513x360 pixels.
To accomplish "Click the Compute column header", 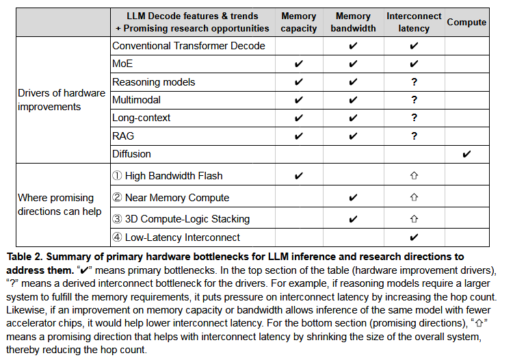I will (x=466, y=22).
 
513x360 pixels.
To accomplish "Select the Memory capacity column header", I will (x=299, y=22).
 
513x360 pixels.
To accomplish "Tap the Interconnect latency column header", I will (x=414, y=22).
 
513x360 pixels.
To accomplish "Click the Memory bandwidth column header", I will (x=353, y=22).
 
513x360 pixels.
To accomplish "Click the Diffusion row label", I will (x=131, y=154).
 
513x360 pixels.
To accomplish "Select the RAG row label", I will (x=123, y=136).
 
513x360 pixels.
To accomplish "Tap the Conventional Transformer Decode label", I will (x=188, y=47).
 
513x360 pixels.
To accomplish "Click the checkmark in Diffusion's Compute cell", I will (x=466, y=154).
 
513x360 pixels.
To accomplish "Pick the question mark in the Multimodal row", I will (x=414, y=100).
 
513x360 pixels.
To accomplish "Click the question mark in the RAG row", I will (x=414, y=136).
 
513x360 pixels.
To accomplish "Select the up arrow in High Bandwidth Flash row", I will (x=414, y=176).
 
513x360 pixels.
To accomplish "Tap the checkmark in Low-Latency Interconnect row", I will (x=414, y=237).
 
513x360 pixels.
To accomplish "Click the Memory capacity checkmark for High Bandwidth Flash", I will (x=299, y=176).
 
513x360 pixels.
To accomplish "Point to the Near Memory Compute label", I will (x=170, y=198).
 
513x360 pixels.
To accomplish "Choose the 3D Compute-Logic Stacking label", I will (x=181, y=219).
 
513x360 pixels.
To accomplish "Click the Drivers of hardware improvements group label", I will (x=62, y=100).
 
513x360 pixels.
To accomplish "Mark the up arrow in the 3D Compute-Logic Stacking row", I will (x=414, y=219).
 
